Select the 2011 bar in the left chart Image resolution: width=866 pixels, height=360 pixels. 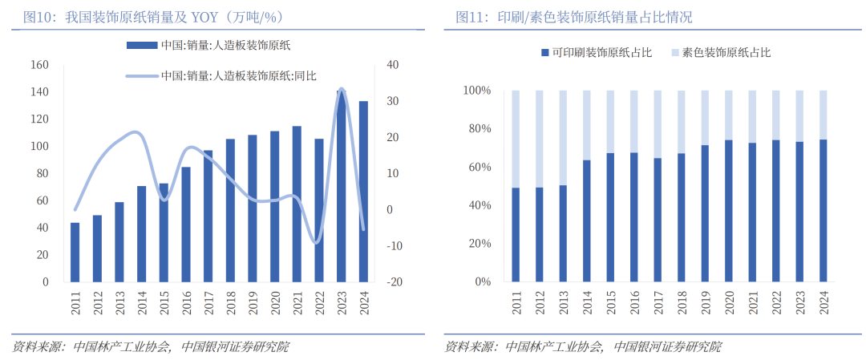75,253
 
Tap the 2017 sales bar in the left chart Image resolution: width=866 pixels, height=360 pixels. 208,216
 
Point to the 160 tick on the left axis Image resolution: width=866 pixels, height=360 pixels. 39,65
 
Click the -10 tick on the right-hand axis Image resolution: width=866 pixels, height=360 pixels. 394,246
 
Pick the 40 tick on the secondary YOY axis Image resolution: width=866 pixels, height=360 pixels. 391,65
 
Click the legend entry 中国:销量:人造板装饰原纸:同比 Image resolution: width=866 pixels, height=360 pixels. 238,76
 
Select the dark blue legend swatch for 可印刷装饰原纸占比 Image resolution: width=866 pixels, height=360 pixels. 545,53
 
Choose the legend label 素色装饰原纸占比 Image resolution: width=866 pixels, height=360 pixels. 726,53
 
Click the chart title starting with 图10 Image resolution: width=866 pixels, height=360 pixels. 152,17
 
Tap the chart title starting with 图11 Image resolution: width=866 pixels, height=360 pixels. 573,17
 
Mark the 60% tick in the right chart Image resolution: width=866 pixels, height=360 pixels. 478,168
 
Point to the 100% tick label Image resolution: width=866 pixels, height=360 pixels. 475,91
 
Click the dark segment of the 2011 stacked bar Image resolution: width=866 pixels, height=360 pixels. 516,235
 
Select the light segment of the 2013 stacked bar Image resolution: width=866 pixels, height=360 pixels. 563,138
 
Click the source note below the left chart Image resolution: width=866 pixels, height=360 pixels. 151,346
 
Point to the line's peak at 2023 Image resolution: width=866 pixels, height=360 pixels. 342,89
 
